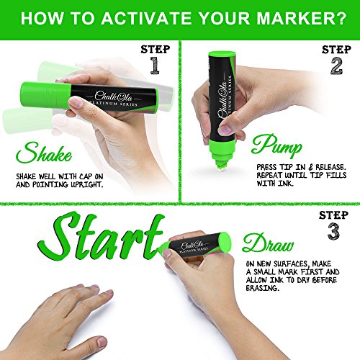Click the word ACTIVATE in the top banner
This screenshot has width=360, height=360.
(146, 18)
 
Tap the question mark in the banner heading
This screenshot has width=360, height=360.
(340, 18)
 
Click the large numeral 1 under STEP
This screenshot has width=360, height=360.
(155, 66)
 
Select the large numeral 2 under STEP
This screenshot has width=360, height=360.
(336, 66)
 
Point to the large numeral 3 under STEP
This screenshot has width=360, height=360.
(333, 231)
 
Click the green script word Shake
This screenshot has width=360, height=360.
(44, 153)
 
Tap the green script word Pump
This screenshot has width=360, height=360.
(276, 145)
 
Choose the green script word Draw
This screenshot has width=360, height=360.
(268, 243)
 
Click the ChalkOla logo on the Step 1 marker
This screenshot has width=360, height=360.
(113, 96)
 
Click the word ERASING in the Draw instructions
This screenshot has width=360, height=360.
(263, 288)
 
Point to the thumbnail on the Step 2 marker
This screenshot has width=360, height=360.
(225, 130)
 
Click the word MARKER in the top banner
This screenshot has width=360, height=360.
(294, 18)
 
